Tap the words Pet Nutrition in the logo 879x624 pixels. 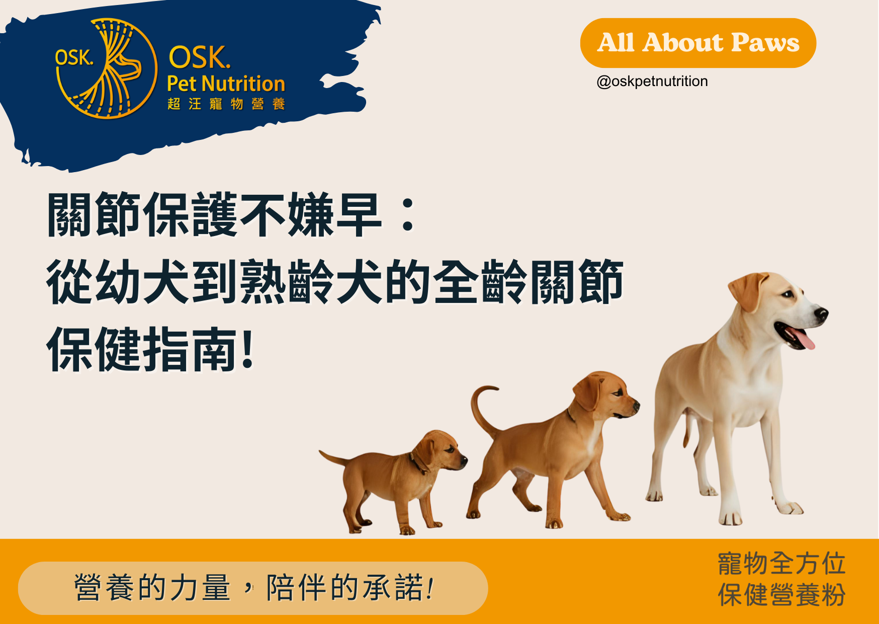click(x=226, y=84)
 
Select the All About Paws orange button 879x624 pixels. click(x=698, y=43)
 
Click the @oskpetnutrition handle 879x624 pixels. click(x=652, y=81)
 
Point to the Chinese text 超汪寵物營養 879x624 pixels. click(x=226, y=104)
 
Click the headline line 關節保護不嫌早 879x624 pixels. click(x=214, y=215)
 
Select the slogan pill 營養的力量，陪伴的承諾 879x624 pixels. click(x=253, y=588)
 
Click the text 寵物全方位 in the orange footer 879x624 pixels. click(x=781, y=563)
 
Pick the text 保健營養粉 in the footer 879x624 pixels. click(x=781, y=595)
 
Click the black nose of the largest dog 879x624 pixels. click(x=821, y=314)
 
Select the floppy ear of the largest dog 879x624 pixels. click(x=747, y=291)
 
